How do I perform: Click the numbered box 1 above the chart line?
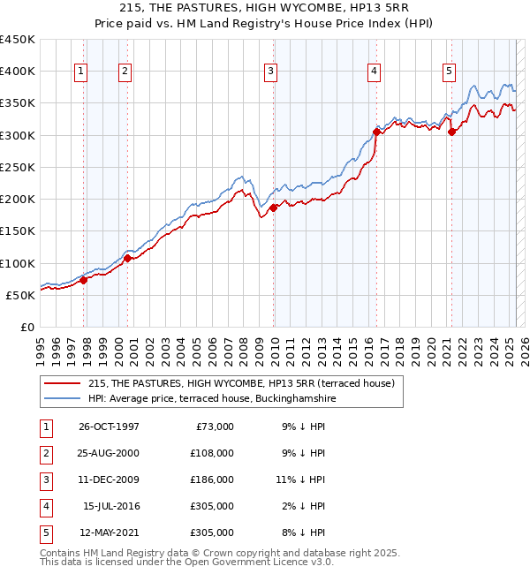coord(81,72)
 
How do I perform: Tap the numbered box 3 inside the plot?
coord(270,72)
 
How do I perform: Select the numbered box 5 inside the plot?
coord(449,72)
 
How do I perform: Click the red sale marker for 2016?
coord(376,132)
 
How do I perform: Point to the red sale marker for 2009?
coord(274,208)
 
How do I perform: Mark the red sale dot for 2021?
coord(452,132)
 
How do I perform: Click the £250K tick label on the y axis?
coord(17,167)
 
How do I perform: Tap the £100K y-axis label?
coord(17,263)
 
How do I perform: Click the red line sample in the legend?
coord(62,383)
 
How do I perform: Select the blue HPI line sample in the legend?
coord(62,398)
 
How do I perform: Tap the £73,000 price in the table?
coord(213,427)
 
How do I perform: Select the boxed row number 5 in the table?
coord(44,532)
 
